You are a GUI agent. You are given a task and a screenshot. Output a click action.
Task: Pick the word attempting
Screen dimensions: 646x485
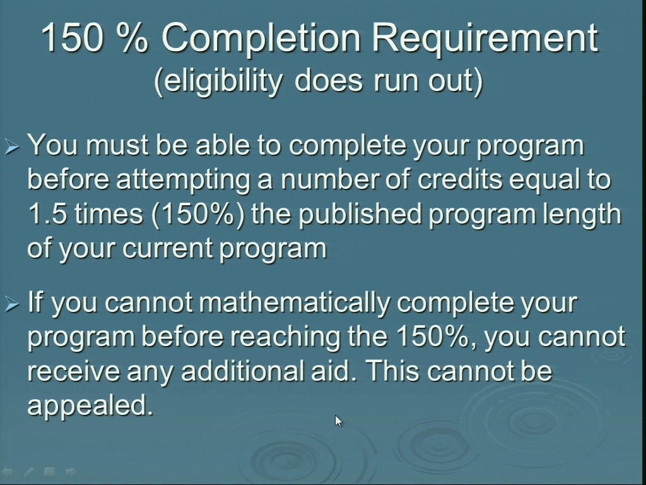(184, 181)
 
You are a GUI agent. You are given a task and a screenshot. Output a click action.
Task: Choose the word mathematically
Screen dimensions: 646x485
(295, 304)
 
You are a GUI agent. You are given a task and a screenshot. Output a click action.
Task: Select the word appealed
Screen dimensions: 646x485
(90, 406)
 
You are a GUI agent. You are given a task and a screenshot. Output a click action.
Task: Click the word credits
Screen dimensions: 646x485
(460, 180)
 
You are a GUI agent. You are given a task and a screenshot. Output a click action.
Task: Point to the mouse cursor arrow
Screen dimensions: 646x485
(338, 421)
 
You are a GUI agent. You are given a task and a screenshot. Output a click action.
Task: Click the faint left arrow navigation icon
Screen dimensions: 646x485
(7, 471)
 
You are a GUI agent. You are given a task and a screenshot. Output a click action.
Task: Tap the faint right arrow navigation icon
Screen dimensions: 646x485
(71, 471)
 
